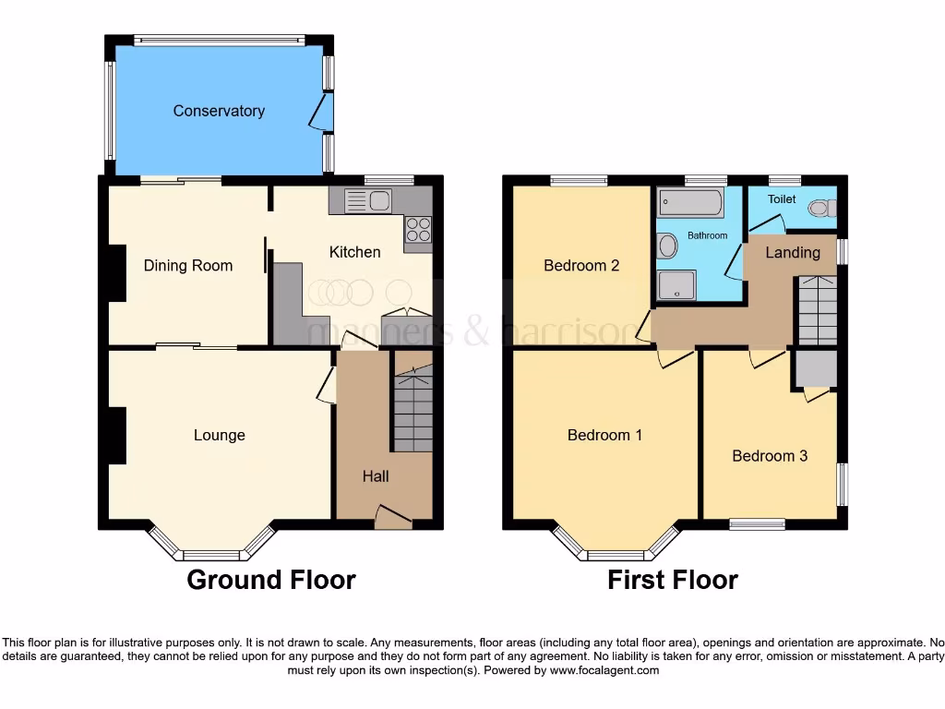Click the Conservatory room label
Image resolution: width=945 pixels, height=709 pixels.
pos(219,111)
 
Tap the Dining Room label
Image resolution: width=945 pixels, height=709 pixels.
pos(188,266)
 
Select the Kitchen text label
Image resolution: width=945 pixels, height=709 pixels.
pos(354,252)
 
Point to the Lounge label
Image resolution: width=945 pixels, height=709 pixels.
pos(220,435)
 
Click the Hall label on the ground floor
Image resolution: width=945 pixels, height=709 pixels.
pos(375,476)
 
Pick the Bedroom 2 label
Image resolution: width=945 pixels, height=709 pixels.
pos(581,266)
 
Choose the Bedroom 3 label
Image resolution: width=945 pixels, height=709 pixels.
pos(770,455)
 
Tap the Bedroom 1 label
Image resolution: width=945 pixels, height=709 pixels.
pos(604,435)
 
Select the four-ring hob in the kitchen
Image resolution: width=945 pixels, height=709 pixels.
pos(417,229)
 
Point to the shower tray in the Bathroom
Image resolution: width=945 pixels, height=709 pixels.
pos(676,285)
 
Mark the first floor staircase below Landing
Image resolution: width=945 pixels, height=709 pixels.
pos(817,309)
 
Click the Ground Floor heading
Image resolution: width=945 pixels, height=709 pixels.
pos(270,580)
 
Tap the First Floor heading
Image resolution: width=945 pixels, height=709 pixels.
pos(672,580)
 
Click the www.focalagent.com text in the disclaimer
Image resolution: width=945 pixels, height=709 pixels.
pos(605,671)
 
